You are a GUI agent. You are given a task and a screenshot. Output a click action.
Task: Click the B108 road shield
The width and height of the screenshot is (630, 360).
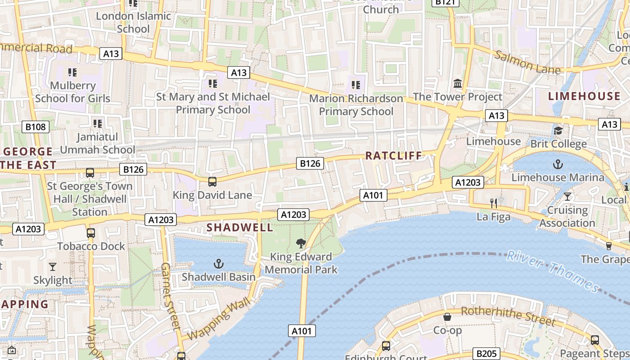coord(36,127)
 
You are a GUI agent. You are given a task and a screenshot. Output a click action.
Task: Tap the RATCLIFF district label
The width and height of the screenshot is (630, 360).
coord(394,156)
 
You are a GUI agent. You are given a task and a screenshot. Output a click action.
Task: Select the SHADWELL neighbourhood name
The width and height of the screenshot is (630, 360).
coord(240,228)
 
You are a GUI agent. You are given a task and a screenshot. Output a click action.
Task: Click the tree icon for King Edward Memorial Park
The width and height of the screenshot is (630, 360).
coord(301,243)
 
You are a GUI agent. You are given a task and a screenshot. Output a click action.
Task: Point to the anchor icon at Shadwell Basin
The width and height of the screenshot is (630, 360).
coord(219,264)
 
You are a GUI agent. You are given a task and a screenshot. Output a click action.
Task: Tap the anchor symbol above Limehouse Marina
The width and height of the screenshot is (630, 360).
coord(558,164)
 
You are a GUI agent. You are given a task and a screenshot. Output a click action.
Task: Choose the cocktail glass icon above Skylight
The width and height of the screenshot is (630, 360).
coord(53,267)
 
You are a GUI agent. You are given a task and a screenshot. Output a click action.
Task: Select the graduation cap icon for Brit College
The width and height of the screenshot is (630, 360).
coord(558,130)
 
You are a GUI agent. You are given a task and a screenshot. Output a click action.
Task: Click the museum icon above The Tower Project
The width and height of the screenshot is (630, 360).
coord(458,83)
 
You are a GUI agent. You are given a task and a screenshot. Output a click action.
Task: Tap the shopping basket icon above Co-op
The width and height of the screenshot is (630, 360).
coord(447,317)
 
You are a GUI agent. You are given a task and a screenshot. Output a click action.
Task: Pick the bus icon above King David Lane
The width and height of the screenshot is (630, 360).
coord(212,182)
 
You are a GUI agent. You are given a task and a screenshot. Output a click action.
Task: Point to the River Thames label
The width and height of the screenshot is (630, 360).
coord(553,271)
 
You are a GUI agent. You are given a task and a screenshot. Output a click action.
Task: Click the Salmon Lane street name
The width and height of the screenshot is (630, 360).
coord(527,63)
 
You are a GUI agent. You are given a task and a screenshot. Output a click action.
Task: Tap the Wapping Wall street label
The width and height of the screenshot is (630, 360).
coord(218,320)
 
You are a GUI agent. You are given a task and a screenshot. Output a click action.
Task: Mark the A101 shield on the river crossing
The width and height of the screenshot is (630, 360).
coord(301,331)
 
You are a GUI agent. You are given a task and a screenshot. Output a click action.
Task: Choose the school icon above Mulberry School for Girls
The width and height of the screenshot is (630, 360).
coord(72,72)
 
